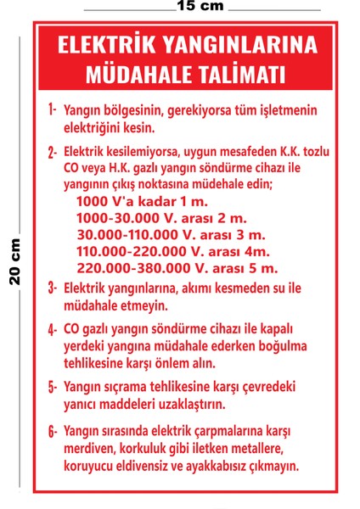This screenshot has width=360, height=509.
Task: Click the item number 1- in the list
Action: [52, 110]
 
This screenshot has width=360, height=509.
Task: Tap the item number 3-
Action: [52, 288]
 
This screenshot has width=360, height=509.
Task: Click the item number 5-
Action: [52, 387]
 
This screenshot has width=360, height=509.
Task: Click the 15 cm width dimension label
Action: [200, 6]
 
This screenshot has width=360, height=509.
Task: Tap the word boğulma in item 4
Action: [282, 346]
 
